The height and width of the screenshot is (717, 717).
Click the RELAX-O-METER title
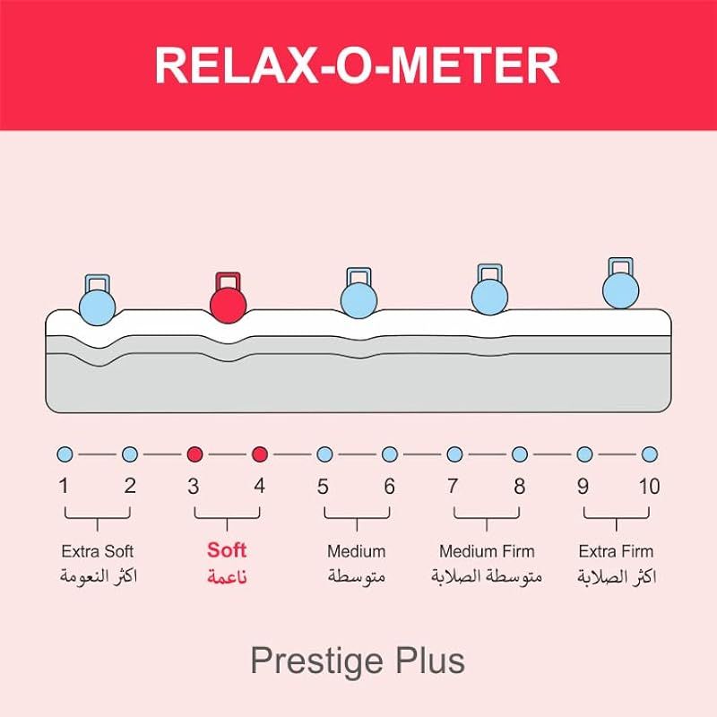(x=358, y=65)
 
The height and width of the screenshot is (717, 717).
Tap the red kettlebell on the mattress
(x=228, y=301)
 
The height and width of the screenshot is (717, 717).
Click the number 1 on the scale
(x=64, y=487)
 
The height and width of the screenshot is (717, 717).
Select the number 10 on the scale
(x=649, y=487)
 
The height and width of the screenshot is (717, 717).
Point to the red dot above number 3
(x=194, y=454)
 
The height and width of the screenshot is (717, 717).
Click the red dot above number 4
(x=260, y=454)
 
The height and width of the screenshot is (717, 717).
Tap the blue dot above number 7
(x=454, y=454)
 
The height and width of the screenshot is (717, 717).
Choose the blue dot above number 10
(x=650, y=454)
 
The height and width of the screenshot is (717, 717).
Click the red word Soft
(x=227, y=549)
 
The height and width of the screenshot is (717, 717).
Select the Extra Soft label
(x=97, y=550)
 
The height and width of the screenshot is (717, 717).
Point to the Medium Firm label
(x=487, y=550)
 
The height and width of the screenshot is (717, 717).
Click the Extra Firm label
(x=617, y=550)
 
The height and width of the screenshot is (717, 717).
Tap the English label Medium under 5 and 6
(x=357, y=550)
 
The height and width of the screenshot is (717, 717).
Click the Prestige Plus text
(x=358, y=661)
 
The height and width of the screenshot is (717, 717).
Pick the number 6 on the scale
(x=389, y=487)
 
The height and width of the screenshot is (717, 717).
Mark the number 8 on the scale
(x=520, y=487)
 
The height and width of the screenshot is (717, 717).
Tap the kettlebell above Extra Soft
(x=98, y=305)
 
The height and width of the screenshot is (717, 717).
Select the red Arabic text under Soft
(x=227, y=576)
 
